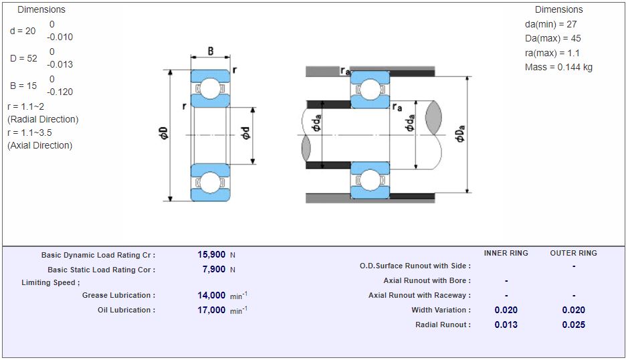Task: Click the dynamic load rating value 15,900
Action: (x=211, y=255)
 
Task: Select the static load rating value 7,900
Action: (x=214, y=270)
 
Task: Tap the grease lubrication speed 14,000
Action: (x=211, y=295)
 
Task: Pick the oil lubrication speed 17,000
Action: (x=211, y=310)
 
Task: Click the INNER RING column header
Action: (x=506, y=253)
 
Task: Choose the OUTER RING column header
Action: (x=573, y=253)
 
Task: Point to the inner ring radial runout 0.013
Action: (x=506, y=325)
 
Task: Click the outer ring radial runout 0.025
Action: (x=573, y=325)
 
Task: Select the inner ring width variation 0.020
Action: (x=506, y=310)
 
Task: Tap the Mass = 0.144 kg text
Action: (x=558, y=67)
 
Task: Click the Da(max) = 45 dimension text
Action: (x=552, y=38)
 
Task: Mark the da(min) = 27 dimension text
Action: (x=550, y=24)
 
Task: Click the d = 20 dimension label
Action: (x=23, y=31)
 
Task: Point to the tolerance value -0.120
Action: (x=60, y=92)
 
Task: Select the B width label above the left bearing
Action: (x=211, y=52)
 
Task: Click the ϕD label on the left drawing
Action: (x=164, y=132)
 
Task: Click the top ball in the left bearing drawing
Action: (x=211, y=88)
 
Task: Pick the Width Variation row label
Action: (x=441, y=310)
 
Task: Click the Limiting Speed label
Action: (x=50, y=282)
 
